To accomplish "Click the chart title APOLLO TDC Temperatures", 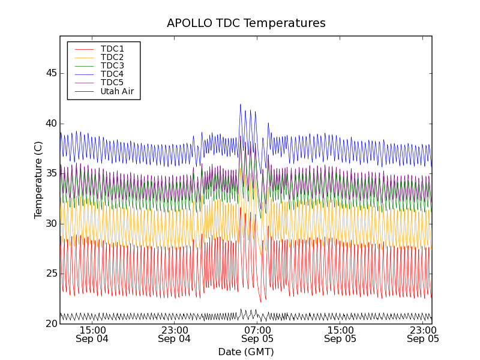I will coord(246,23).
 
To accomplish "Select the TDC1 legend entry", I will coord(112,49).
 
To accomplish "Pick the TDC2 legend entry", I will coord(112,57).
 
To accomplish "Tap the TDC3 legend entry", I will coord(112,65).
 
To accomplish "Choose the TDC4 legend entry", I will coord(112,74).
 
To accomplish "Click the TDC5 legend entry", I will coord(112,82).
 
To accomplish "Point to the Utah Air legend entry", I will coord(117,92).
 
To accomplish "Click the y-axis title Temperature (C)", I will coord(38,180).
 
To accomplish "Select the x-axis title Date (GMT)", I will coord(246,352).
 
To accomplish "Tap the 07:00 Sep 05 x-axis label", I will coord(257,334).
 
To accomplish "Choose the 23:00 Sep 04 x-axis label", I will coord(174,334).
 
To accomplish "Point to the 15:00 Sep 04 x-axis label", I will coord(92,334).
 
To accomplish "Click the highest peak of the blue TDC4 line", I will coord(241,104).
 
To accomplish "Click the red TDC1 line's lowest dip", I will coord(260,302).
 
